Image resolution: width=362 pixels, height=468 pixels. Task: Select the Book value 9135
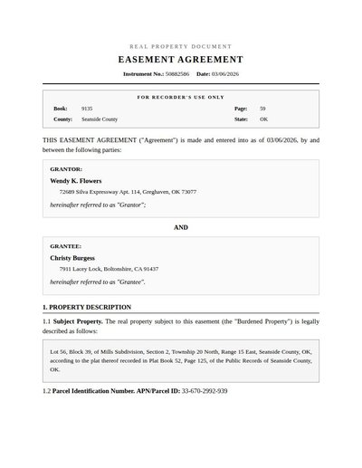87,108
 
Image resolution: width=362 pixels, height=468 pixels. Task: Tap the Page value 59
262,108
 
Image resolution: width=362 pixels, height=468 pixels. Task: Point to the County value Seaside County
100,119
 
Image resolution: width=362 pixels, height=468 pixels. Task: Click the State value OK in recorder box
263,119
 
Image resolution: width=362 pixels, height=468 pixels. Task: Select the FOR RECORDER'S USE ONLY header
181,96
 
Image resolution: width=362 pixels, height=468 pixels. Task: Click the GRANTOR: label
66,168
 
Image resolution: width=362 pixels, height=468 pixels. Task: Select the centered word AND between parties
181,227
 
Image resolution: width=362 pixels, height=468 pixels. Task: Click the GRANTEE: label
66,246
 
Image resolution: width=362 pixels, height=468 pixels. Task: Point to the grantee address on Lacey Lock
109,269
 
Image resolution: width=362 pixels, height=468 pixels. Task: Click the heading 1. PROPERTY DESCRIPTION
89,307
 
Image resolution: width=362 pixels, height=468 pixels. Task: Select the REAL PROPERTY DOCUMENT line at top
181,46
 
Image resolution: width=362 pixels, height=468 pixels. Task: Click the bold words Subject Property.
78,321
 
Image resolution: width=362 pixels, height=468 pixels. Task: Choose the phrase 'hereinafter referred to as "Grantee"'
98,282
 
